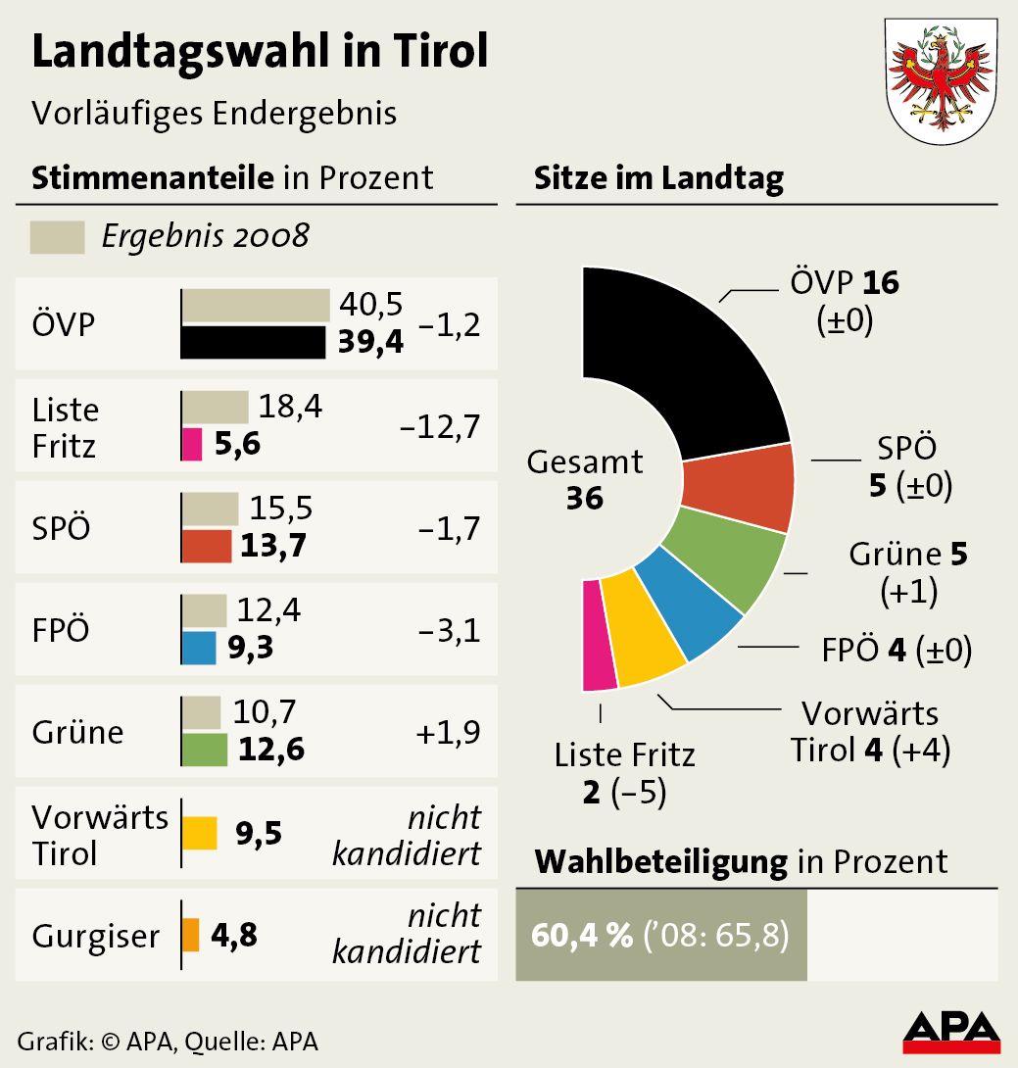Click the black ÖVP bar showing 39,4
[x=254, y=343]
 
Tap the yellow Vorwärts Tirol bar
[x=200, y=833]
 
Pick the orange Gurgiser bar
[x=191, y=935]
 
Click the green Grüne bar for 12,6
[x=205, y=750]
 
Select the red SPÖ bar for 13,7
[x=207, y=546]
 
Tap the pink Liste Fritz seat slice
[x=599, y=635]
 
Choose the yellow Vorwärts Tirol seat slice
[x=642, y=627]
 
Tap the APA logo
[x=950, y=1031]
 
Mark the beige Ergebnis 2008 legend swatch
[x=58, y=237]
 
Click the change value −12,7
[x=440, y=428]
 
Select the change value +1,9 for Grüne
[x=448, y=732]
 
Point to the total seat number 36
[x=584, y=498]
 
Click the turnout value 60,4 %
[x=581, y=935]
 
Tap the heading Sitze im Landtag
[x=658, y=178]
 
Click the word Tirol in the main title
[x=442, y=52]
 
